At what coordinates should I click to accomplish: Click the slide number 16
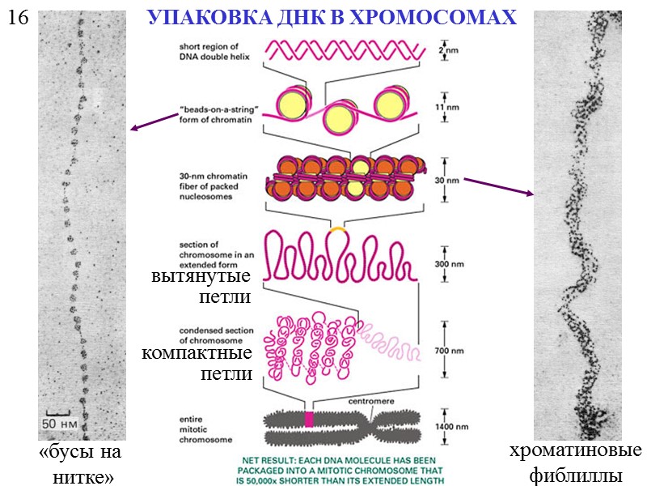click(17, 17)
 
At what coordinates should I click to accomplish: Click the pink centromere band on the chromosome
click(308, 419)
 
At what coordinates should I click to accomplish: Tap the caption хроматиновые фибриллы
click(575, 463)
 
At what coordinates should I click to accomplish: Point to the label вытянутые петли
click(201, 286)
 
